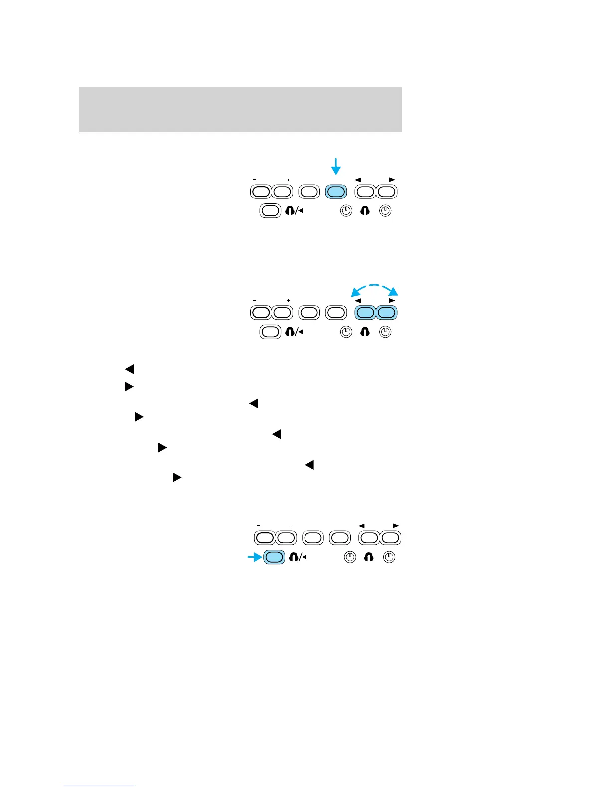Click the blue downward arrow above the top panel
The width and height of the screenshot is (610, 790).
click(336, 166)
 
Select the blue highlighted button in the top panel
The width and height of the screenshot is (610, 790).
click(336, 192)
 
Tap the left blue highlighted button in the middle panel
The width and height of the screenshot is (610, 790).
click(365, 313)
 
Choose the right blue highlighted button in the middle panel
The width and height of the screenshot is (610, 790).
click(387, 313)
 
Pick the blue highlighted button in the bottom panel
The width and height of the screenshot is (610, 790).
click(274, 557)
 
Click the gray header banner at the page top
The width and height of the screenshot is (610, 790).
click(240, 110)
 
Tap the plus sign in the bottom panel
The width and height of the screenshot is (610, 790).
click(292, 526)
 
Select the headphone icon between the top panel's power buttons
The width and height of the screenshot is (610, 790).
click(365, 211)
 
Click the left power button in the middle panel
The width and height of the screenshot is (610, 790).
click(346, 332)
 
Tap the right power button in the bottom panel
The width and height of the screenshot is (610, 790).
click(389, 557)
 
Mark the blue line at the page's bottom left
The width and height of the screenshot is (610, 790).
click(99, 786)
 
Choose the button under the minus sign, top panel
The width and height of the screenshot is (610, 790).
click(260, 192)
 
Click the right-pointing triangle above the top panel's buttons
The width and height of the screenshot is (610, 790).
click(392, 179)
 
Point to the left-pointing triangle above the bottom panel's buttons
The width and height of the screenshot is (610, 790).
click(362, 526)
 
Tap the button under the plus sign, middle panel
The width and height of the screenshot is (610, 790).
click(282, 313)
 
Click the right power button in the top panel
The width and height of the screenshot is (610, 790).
click(385, 211)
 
